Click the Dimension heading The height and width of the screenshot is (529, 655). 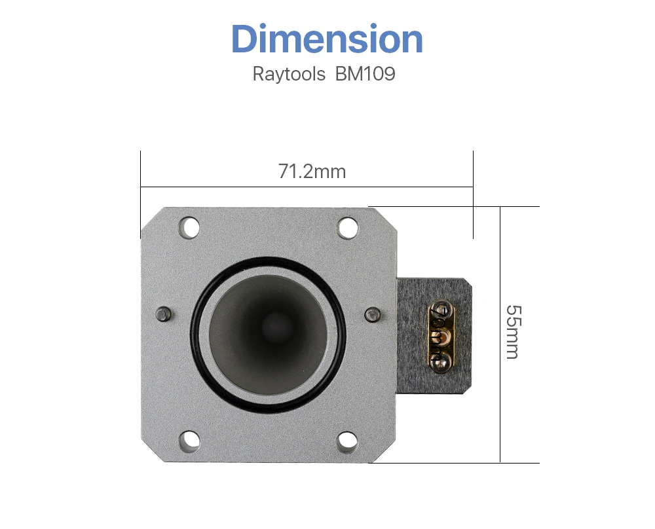(327, 39)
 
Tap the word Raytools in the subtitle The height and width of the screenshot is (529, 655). (289, 75)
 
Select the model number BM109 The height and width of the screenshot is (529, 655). (365, 74)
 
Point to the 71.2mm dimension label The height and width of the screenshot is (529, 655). (312, 172)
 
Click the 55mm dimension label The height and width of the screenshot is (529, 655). (514, 333)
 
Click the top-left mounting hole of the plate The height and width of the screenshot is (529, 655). (189, 228)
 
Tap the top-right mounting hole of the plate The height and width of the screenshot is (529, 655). (348, 228)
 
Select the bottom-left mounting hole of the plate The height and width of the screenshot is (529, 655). (189, 441)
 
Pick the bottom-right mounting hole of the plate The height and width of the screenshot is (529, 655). (348, 441)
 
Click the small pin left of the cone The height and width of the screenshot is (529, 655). (163, 314)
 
